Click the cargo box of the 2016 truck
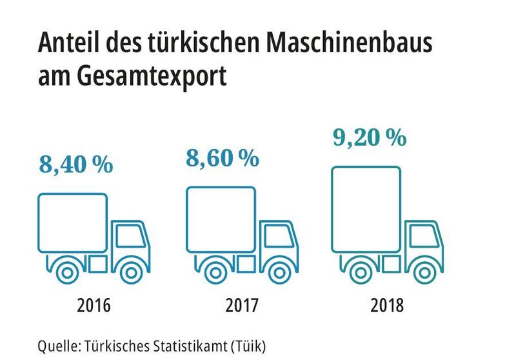click(x=72, y=222)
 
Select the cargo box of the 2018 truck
click(x=366, y=208)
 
